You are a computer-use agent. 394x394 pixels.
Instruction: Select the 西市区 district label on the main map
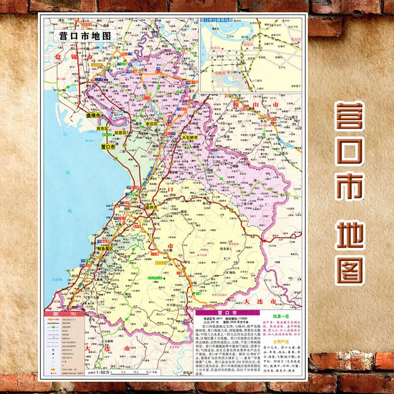(x=104, y=129)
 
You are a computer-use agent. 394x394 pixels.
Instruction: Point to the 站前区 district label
(x=120, y=133)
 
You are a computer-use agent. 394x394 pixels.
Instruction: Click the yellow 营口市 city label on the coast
(x=108, y=147)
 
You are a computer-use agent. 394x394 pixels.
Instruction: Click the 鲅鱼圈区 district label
(x=105, y=249)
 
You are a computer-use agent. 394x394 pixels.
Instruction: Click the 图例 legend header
(x=66, y=314)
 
